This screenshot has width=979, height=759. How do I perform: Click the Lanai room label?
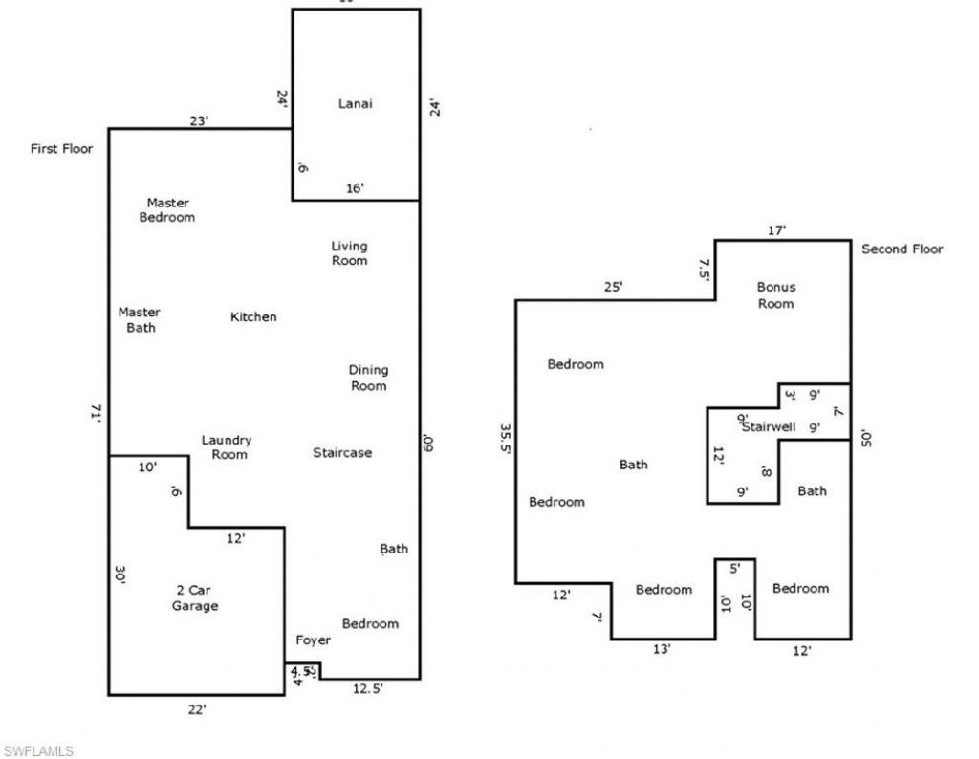[x=355, y=103]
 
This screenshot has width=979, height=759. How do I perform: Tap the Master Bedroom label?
[x=167, y=210]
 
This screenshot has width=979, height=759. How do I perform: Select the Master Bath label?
[x=139, y=319]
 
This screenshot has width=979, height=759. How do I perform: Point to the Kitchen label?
[x=253, y=316]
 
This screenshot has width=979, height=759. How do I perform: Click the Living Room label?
[x=349, y=253]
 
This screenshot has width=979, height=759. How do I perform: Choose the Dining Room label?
[x=368, y=378]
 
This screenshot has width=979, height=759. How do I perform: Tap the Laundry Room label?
[x=226, y=447]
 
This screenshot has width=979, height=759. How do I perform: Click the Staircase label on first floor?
[x=342, y=452]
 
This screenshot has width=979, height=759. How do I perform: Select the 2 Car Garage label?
[x=194, y=598]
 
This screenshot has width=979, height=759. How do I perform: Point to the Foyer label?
[x=313, y=640]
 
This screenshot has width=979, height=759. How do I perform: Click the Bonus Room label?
[x=775, y=295]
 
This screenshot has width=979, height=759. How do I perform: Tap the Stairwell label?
[x=769, y=427]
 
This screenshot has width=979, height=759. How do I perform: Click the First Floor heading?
[x=62, y=149]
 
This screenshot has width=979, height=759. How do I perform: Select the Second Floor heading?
[x=902, y=249]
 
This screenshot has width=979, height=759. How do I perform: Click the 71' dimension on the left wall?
[x=97, y=412]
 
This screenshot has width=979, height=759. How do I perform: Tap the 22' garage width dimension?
[x=197, y=708]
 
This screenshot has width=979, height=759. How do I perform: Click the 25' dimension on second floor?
[x=613, y=286]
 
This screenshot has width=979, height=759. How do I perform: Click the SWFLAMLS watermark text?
[x=39, y=750]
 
